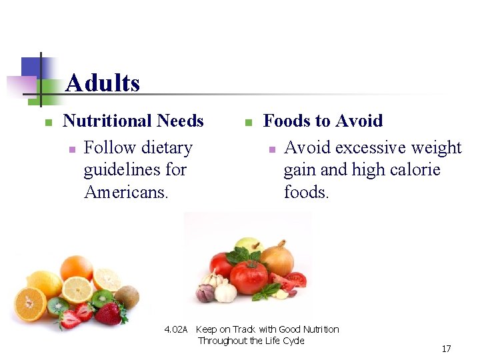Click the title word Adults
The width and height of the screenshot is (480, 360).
(103, 84)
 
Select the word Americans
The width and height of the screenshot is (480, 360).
(126, 192)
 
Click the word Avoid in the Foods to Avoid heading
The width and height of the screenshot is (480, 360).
(359, 121)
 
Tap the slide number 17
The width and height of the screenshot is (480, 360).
(447, 349)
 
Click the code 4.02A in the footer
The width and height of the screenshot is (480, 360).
(176, 329)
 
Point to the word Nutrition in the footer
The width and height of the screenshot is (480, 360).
(321, 329)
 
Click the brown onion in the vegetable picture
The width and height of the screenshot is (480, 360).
(277, 259)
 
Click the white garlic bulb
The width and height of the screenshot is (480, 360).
(225, 291)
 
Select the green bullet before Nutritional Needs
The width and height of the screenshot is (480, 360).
(48, 122)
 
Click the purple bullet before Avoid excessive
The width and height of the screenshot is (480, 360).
(272, 149)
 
